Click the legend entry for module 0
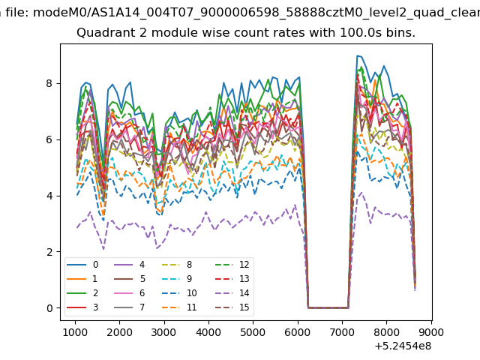82,265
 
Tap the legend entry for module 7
129,307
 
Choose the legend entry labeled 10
178,293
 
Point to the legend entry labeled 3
82,307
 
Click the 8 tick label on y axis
49,83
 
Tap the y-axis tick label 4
49,196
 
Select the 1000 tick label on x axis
75,332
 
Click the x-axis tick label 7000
342,332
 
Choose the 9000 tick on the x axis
430,332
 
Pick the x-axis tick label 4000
208,332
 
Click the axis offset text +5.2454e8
403,346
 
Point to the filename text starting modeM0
256,13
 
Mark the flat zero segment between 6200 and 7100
328,308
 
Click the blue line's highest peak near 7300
357,55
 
